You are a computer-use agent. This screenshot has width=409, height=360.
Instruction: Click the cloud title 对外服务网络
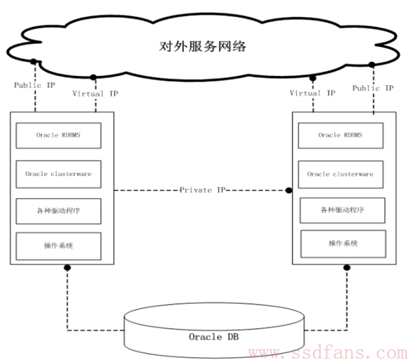202,46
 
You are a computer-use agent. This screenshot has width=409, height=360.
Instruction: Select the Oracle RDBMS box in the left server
58,136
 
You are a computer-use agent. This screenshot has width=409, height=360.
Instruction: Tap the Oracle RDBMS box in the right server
341,136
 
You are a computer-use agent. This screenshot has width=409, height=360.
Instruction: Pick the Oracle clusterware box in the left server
58,174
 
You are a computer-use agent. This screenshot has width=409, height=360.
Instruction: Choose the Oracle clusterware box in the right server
341,174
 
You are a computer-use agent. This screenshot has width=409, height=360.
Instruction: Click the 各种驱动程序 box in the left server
58,211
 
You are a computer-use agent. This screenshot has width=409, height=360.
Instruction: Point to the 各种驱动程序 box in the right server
342,210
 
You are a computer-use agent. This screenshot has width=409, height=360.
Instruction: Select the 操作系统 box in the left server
58,246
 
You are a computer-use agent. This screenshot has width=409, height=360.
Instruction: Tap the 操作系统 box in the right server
343,244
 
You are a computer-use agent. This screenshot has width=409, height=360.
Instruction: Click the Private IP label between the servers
202,190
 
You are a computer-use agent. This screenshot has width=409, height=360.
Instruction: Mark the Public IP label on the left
34,85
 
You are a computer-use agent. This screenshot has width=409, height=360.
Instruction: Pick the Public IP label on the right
373,88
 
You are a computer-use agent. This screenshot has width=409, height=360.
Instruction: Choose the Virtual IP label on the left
95,94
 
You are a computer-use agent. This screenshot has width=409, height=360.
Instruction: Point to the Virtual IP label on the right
312,93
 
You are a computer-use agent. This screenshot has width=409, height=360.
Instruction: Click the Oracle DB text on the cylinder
214,337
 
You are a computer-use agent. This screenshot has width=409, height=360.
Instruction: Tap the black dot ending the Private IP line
289,190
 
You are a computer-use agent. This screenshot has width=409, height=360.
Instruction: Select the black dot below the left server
67,268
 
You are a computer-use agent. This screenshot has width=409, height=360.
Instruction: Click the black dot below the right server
347,268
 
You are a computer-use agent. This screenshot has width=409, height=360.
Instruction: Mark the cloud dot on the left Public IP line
33,62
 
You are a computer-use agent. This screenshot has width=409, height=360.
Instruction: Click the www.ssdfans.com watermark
328,353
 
